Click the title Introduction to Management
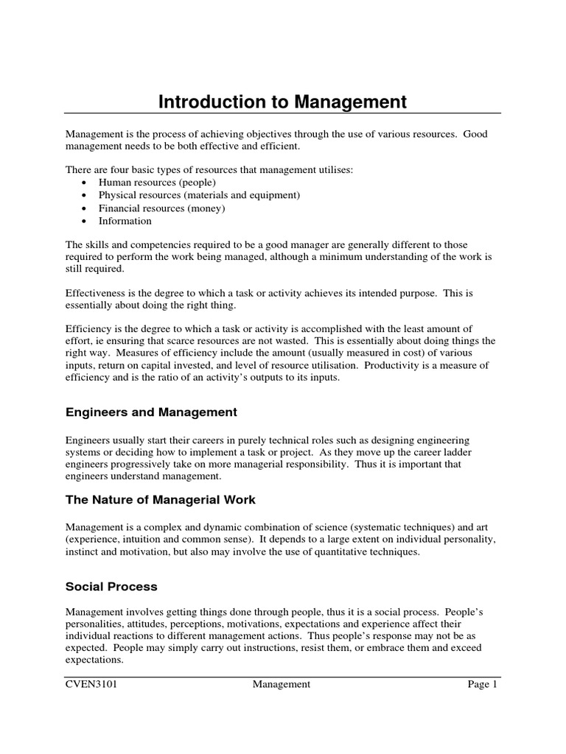point(282,102)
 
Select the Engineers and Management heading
point(151,412)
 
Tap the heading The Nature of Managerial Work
point(161,500)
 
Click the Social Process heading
point(111,587)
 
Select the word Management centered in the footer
point(282,685)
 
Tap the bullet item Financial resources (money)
point(161,208)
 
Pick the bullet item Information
point(125,221)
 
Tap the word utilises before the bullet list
point(332,170)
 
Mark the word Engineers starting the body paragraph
point(88,440)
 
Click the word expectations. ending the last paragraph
point(94,660)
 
